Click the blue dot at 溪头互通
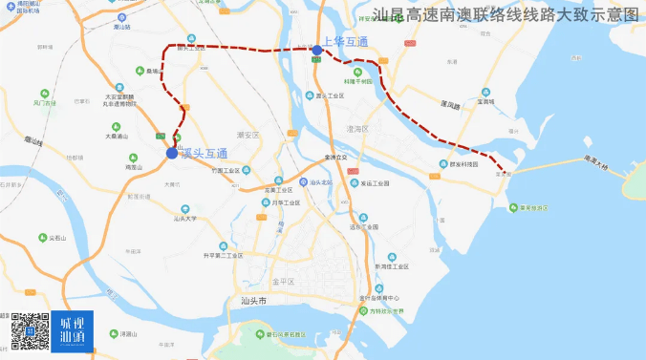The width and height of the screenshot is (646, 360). pos(171,153)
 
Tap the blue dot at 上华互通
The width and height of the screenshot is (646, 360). pos(316,50)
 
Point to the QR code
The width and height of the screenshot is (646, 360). pos(29,330)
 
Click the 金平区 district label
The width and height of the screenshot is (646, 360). pos(284,282)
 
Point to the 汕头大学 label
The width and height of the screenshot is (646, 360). pos(185,219)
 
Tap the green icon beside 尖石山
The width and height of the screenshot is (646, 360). pos(43,238)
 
